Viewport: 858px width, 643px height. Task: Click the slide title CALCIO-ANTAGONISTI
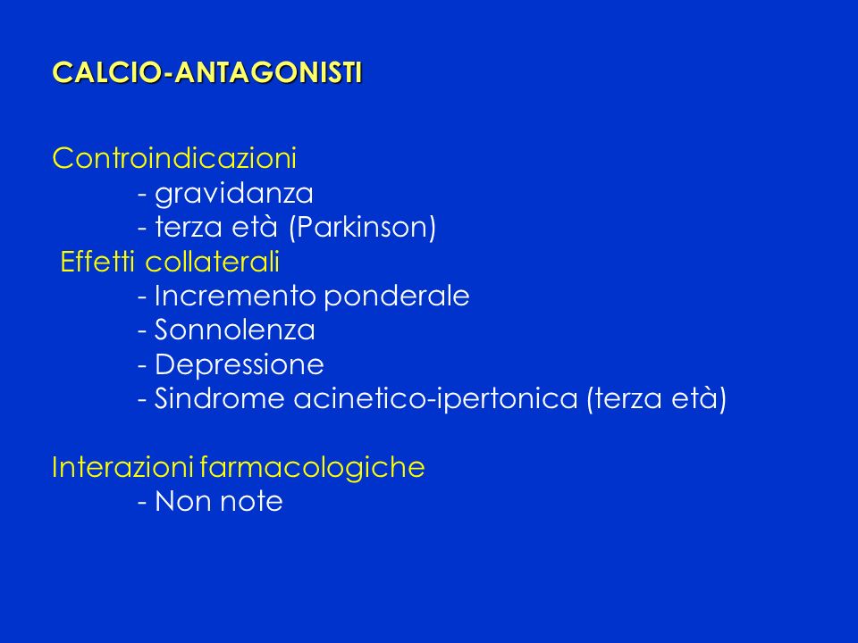coord(207,72)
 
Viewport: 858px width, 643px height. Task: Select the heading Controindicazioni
coord(174,158)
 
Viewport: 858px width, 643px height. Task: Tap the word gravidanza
coord(234,195)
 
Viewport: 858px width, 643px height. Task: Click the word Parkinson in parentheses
coord(362,227)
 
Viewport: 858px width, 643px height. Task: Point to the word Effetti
coord(97,262)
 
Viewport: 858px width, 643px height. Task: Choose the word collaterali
coord(213,262)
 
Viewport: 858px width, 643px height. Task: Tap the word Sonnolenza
coord(235,330)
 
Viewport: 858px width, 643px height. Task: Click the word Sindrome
coord(220,398)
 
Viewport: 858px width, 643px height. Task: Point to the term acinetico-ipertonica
coord(435,399)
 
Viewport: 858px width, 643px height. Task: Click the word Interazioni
coord(122,467)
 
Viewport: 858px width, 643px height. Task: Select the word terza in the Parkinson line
coord(189,228)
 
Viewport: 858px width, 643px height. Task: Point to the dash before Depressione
coord(142,366)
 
